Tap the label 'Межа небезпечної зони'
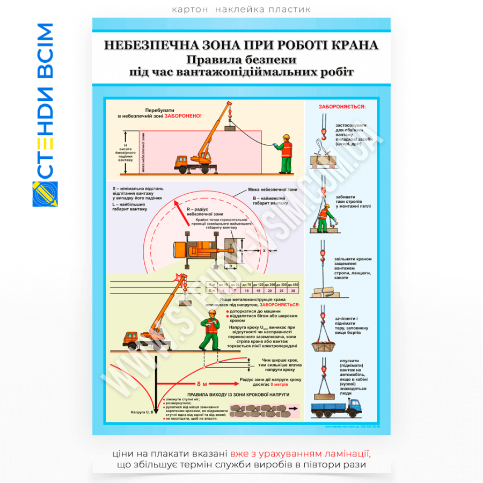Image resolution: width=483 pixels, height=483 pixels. click(272, 189)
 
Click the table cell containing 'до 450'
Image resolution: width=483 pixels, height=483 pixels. click(293, 284)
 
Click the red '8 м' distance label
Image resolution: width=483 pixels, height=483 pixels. click(202, 384)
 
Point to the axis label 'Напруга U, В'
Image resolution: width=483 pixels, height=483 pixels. click(142, 412)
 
